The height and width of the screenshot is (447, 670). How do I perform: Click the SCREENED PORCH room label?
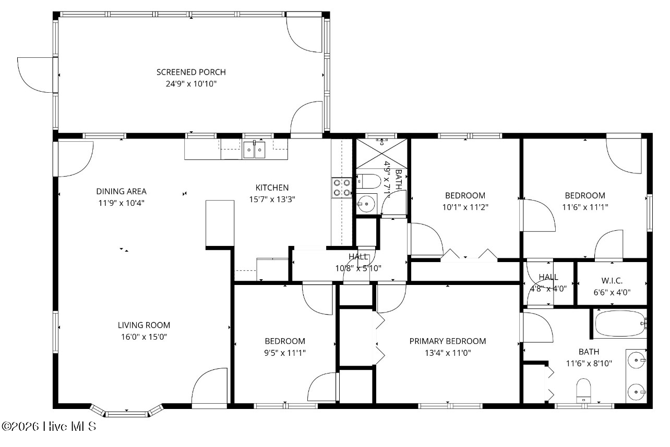[x=191, y=72]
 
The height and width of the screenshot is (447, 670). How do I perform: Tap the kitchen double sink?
[x=254, y=150]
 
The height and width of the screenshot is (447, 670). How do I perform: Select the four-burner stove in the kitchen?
[x=342, y=188]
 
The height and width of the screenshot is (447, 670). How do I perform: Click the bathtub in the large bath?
[x=621, y=324]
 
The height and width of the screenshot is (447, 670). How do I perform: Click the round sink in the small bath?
[x=366, y=204]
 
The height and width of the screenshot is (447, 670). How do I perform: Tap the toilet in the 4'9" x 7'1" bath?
[x=368, y=181]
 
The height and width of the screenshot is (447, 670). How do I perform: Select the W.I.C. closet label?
[x=612, y=281]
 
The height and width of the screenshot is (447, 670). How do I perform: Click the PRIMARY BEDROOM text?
[x=448, y=341]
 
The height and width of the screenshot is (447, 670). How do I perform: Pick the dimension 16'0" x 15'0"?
[x=144, y=337]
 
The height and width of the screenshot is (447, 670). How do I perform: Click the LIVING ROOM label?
[x=144, y=325]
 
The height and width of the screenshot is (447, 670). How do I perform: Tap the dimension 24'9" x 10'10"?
[x=191, y=83]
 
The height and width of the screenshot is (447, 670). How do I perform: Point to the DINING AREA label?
[x=121, y=191]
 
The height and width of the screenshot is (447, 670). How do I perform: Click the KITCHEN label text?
[x=272, y=188]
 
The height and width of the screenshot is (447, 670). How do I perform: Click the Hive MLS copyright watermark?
[x=49, y=426]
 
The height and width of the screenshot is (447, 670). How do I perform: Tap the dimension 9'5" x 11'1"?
[x=285, y=353]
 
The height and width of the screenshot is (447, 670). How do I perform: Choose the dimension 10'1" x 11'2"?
[x=465, y=207]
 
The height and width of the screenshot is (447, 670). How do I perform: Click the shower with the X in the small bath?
[x=381, y=154]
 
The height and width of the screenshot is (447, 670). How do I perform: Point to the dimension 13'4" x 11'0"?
[x=448, y=353]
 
